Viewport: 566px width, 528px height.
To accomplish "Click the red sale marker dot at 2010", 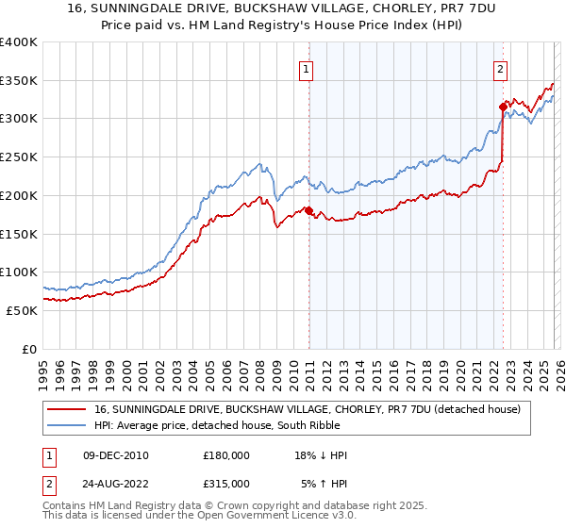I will tap(308, 210).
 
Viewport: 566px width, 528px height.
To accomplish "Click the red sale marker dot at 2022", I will tap(503, 107).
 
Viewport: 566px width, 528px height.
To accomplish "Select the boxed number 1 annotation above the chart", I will tap(308, 68).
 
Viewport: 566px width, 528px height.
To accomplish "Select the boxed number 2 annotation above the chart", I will tap(499, 68).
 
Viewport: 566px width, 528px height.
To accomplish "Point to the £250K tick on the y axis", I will tap(18, 157).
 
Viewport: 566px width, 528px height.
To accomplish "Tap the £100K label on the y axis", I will tap(18, 272).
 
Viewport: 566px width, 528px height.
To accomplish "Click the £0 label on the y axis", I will tap(28, 349).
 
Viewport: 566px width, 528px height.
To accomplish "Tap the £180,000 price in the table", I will tap(226, 455).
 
